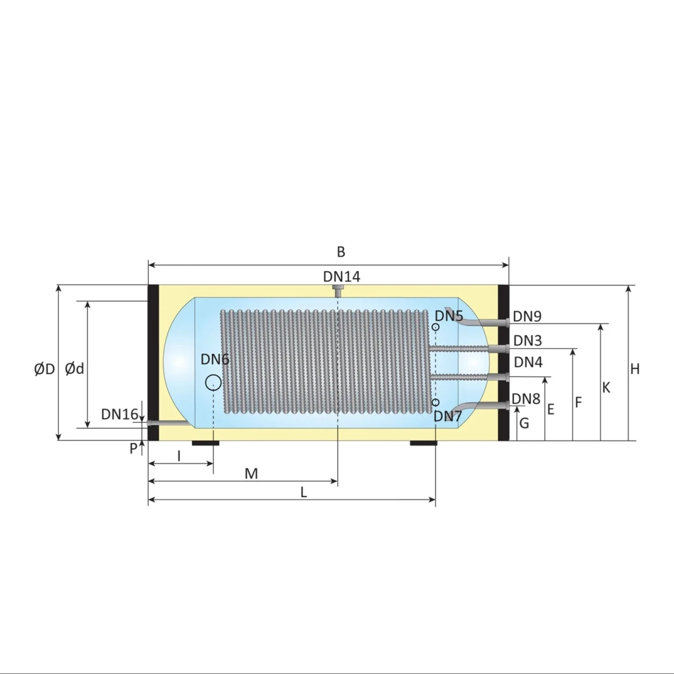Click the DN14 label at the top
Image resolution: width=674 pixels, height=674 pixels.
341,276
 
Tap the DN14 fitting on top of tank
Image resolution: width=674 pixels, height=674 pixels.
338,291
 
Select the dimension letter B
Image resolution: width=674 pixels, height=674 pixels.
341,252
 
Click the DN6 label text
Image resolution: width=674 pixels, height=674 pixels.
215,359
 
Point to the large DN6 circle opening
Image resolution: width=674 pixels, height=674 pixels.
213,382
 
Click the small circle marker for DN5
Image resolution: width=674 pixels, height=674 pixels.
435,327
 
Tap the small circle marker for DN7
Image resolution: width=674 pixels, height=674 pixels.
435,403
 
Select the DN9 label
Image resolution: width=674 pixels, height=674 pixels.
527,316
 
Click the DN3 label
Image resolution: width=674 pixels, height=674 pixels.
527,340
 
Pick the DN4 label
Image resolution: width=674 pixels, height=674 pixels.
528,362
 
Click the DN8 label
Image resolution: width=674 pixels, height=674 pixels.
526,399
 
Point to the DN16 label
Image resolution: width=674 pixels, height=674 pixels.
119,415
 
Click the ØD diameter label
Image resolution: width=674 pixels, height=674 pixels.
44,369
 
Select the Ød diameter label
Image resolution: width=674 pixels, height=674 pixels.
74,368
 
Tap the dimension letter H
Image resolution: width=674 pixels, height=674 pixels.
635,369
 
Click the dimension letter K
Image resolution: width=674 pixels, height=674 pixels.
606,388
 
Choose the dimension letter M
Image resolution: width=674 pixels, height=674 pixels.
251,474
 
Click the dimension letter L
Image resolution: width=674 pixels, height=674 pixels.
303,493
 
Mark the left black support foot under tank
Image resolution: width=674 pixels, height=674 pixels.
205,443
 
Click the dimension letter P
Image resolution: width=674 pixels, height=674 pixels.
133,449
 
